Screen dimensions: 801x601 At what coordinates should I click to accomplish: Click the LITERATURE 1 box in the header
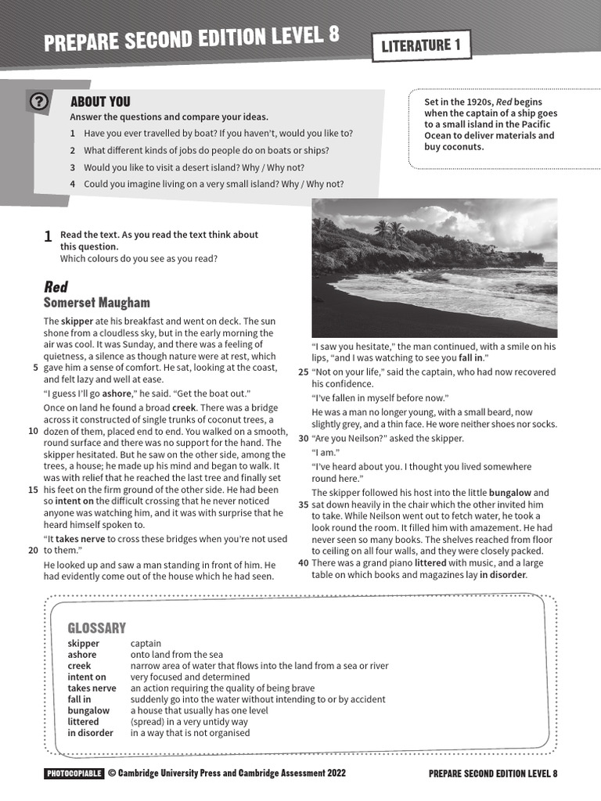[421, 45]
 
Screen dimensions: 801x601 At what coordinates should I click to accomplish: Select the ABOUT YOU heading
[100, 102]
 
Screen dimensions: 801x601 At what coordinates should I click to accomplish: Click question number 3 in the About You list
[72, 167]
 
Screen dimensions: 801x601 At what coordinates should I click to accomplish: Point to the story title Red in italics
[56, 286]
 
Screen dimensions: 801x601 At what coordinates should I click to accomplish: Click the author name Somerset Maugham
[97, 303]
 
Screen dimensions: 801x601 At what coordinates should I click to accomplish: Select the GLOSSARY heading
[96, 627]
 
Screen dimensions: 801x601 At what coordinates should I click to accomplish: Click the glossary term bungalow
[88, 710]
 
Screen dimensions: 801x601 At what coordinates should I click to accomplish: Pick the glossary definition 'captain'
[146, 644]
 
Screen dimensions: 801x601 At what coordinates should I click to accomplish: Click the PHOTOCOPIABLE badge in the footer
[74, 774]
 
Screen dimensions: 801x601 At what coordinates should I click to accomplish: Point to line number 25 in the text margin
[303, 372]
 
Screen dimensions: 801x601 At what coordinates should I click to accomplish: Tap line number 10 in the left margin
[33, 431]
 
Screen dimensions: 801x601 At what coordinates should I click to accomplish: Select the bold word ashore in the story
[117, 393]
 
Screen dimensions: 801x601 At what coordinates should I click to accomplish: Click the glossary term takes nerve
[92, 688]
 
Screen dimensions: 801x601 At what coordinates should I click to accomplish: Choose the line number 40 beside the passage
[303, 563]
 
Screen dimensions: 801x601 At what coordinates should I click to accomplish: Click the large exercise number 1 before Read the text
[48, 236]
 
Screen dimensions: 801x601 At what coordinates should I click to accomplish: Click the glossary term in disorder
[90, 733]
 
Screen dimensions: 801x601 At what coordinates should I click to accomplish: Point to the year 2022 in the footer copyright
[331, 774]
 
